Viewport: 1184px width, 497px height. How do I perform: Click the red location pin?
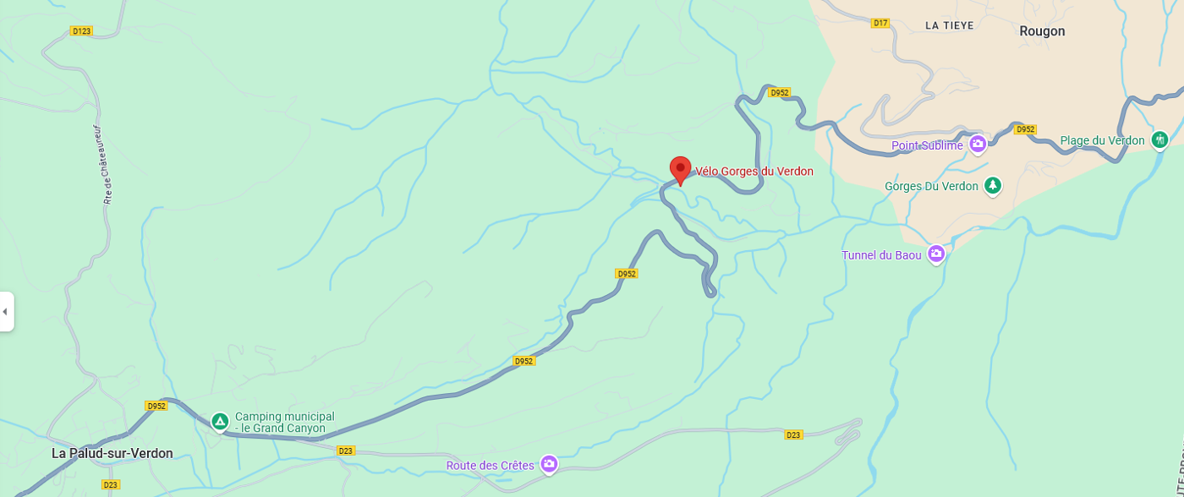pyautogui.click(x=681, y=170)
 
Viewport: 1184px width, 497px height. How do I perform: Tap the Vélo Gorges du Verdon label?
pyautogui.click(x=754, y=172)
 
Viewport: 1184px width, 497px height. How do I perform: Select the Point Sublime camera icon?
pyautogui.click(x=978, y=144)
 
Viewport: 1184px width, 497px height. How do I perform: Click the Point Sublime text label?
pyautogui.click(x=927, y=146)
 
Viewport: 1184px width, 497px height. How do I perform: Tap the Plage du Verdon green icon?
pyautogui.click(x=1159, y=139)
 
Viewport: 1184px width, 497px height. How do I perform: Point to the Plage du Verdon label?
pyautogui.click(x=1102, y=140)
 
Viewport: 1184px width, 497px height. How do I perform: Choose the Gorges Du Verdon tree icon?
pyautogui.click(x=993, y=185)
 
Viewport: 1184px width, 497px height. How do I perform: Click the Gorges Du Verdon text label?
pyautogui.click(x=931, y=186)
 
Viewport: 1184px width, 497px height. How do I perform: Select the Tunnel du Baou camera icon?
pyautogui.click(x=935, y=253)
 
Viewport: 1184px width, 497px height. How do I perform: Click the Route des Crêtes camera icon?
pyautogui.click(x=549, y=463)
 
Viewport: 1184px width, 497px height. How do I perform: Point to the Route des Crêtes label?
pyautogui.click(x=491, y=465)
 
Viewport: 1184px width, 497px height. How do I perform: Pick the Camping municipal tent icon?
pyautogui.click(x=220, y=420)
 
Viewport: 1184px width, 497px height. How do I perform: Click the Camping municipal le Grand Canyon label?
pyautogui.click(x=284, y=422)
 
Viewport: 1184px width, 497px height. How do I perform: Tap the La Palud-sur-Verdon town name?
pyautogui.click(x=112, y=453)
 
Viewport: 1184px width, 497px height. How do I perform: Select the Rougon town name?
pyautogui.click(x=1042, y=31)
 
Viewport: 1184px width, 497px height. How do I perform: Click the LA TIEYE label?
pyautogui.click(x=949, y=25)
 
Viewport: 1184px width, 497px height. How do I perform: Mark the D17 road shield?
pyautogui.click(x=880, y=23)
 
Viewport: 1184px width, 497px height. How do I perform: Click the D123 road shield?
pyautogui.click(x=81, y=31)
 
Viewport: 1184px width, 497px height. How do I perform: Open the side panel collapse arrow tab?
pyautogui.click(x=6, y=312)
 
